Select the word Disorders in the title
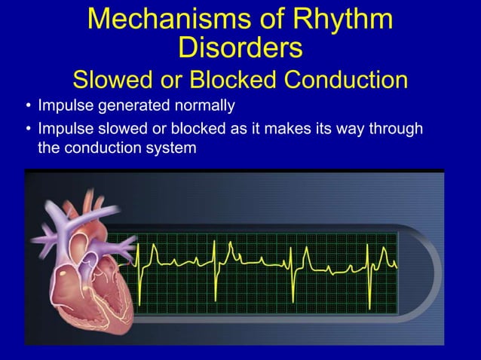pos(240,48)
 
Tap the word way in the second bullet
pos(349,129)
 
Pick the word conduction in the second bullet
pos(99,148)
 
